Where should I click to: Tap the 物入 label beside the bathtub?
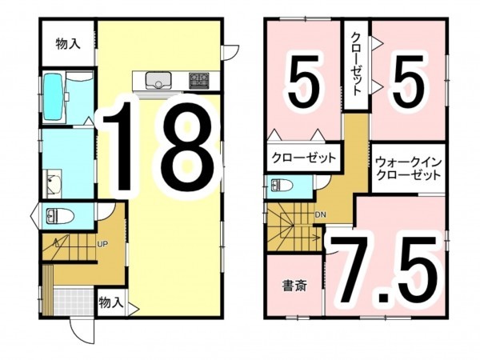(x=68, y=44)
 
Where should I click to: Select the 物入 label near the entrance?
(x=110, y=302)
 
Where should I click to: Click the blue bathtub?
(x=54, y=96)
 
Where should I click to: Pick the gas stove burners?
(x=198, y=79)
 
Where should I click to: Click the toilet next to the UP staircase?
(x=57, y=216)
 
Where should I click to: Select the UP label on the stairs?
(x=102, y=244)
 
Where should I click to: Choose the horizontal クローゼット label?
(x=302, y=158)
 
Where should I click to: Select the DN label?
(x=320, y=215)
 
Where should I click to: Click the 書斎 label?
(x=294, y=286)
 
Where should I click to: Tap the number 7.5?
(x=386, y=270)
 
